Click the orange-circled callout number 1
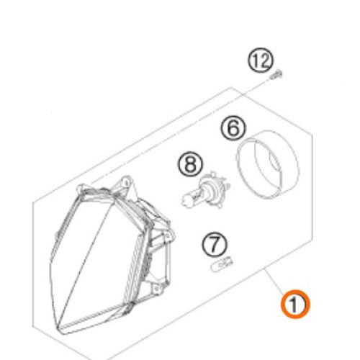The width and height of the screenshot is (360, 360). coord(295,304)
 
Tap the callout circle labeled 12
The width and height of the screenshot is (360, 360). coord(261,60)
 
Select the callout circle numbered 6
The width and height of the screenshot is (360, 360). coord(233,128)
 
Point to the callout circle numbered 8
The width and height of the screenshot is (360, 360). coord(190,164)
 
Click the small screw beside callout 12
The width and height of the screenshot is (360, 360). coord(276,75)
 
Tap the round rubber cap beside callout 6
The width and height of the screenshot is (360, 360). coord(267,165)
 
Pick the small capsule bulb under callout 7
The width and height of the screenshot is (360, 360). coord(221,264)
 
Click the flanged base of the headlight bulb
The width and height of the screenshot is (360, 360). coord(215,189)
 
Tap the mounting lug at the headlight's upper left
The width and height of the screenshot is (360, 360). coord(81,188)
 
